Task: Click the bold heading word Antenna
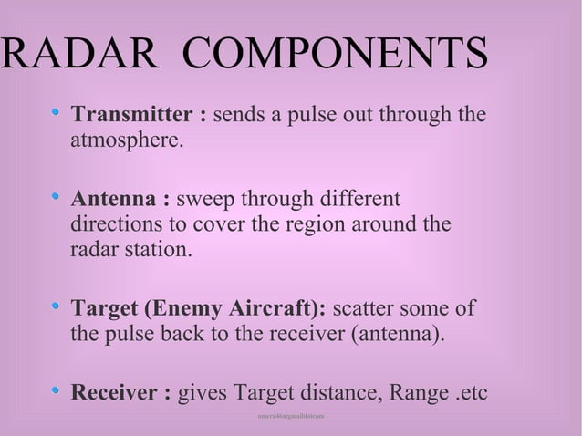(114, 198)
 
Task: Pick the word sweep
(210, 198)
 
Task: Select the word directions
(118, 223)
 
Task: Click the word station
(161, 250)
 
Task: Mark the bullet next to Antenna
(57, 196)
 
